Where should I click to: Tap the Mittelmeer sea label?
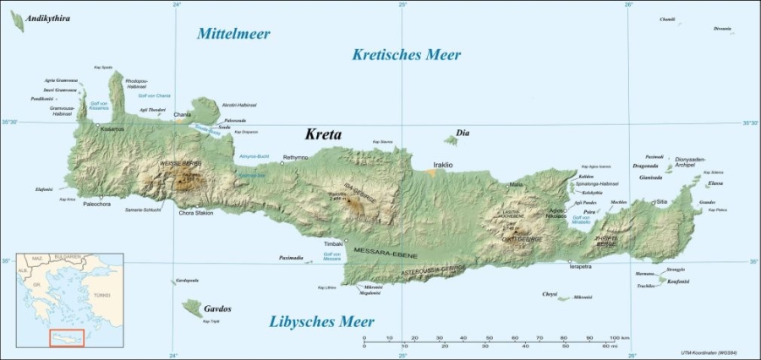click(x=233, y=34)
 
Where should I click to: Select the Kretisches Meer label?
click(x=406, y=55)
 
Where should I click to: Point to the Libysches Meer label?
click(x=321, y=321)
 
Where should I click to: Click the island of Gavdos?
click(x=192, y=308)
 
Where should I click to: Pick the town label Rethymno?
click(x=295, y=157)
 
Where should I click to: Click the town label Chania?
click(x=183, y=114)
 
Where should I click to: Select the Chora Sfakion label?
click(x=195, y=213)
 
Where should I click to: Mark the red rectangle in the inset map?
click(x=67, y=338)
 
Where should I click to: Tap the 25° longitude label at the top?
click(x=402, y=5)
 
